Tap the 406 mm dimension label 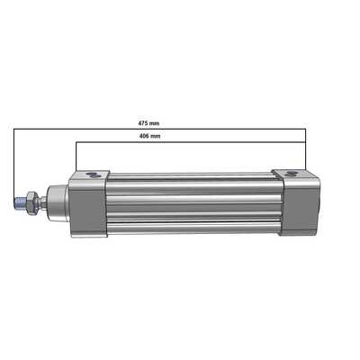150,136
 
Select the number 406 145,136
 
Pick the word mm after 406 157,136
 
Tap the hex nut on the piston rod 31,203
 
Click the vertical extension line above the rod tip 13,162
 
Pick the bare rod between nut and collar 40,203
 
